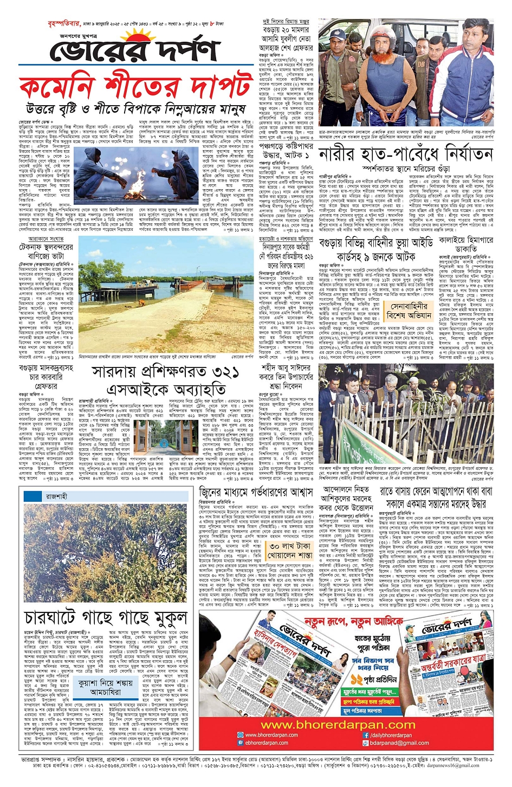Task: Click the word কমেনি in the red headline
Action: pyautogui.click(x=50, y=89)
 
